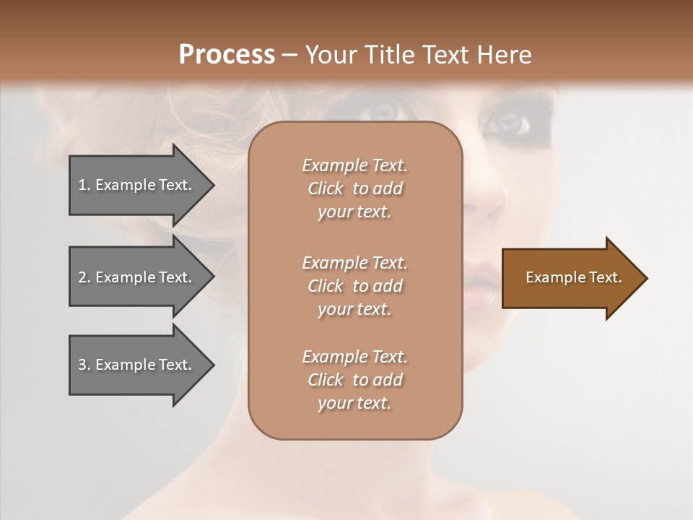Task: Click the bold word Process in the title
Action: pos(227,55)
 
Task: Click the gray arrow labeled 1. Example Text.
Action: pos(137,185)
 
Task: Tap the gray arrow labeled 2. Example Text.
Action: pos(137,277)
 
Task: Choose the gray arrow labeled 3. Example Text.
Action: pos(137,365)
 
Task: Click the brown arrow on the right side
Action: pos(570,278)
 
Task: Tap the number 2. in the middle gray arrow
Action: pos(84,277)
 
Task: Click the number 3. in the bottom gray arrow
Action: pos(84,365)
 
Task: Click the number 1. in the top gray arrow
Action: pos(84,185)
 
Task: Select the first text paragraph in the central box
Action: pos(354,188)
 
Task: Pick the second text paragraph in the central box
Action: pos(354,286)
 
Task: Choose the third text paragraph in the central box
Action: pos(354,380)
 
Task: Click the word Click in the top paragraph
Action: pos(326,188)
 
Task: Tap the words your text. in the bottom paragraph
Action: pos(354,403)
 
